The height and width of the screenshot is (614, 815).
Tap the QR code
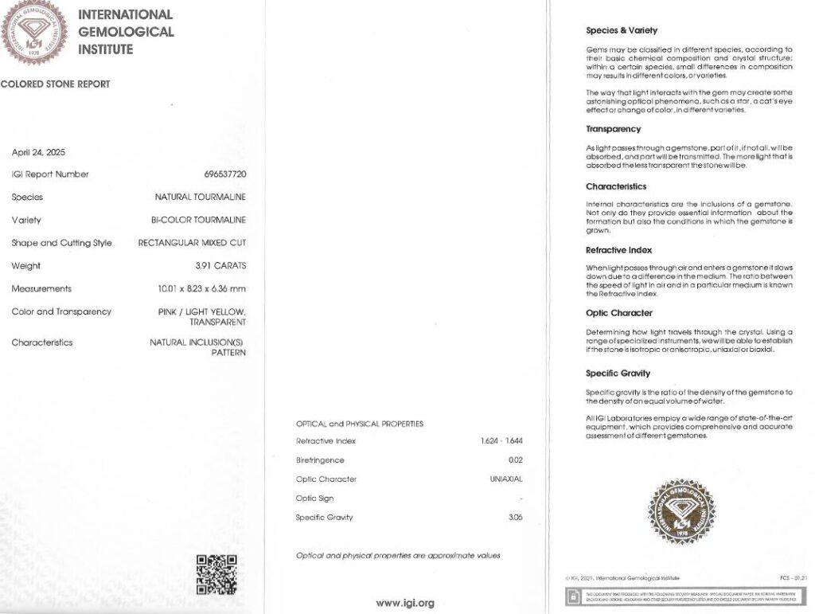pyautogui.click(x=216, y=574)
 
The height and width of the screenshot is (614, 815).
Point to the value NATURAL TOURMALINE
pyautogui.click(x=200, y=197)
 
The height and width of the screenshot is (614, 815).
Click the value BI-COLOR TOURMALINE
pyautogui.click(x=198, y=220)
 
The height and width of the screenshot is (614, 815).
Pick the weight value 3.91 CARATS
pyautogui.click(x=220, y=266)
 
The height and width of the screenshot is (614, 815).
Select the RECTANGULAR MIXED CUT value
pyautogui.click(x=192, y=243)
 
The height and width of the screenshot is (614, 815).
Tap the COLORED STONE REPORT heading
pyautogui.click(x=55, y=84)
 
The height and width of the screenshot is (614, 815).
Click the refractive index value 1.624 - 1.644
pyautogui.click(x=501, y=441)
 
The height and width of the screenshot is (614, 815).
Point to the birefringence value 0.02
pyautogui.click(x=515, y=460)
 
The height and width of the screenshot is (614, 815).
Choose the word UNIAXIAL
pyautogui.click(x=505, y=479)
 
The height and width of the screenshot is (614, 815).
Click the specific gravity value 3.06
pyautogui.click(x=515, y=518)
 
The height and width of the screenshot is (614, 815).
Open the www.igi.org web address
pyautogui.click(x=405, y=603)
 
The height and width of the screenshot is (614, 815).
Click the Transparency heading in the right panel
pyautogui.click(x=613, y=129)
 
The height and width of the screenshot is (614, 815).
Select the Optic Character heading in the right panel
pyautogui.click(x=619, y=313)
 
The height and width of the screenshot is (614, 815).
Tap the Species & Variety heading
pyautogui.click(x=622, y=30)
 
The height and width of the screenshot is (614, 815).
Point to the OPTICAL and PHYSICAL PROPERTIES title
pyautogui.click(x=360, y=424)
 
